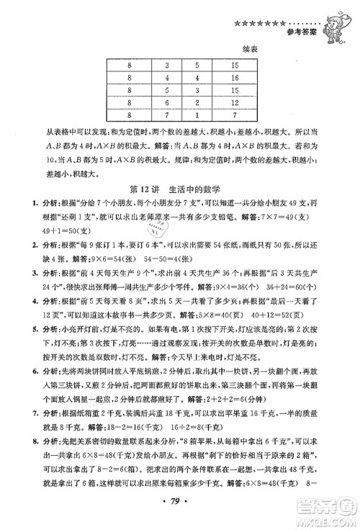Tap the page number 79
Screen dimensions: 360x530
click(180, 516)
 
